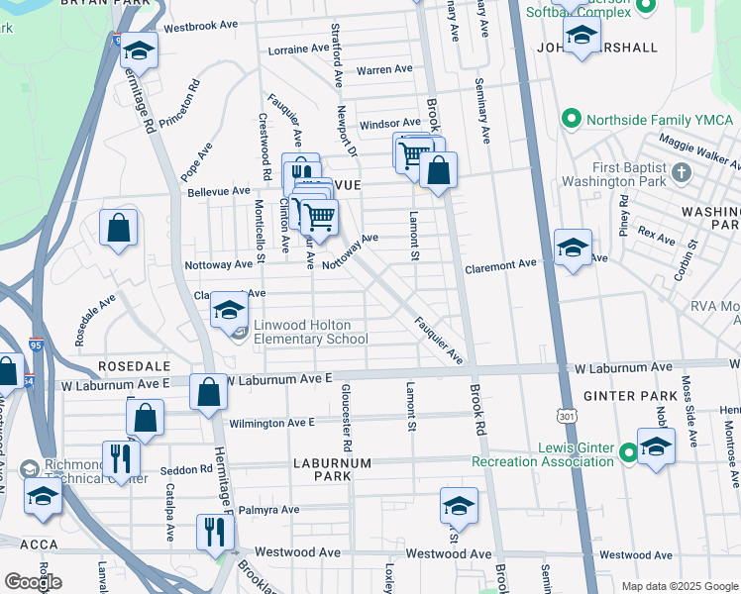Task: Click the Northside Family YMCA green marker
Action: (x=571, y=120)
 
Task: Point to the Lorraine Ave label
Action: (x=298, y=49)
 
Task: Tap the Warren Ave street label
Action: (x=384, y=69)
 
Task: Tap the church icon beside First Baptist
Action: (x=680, y=174)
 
